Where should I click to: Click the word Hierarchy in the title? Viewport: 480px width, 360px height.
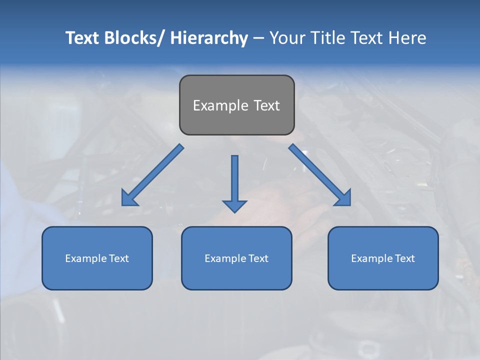pyautogui.click(x=208, y=38)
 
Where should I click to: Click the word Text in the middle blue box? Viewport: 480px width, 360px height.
pyautogui.click(x=258, y=258)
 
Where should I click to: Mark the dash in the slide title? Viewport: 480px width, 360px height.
pyautogui.click(x=258, y=38)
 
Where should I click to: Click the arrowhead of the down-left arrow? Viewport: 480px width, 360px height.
pyautogui.click(x=129, y=198)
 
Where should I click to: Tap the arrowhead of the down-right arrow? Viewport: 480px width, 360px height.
pyautogui.click(x=343, y=198)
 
